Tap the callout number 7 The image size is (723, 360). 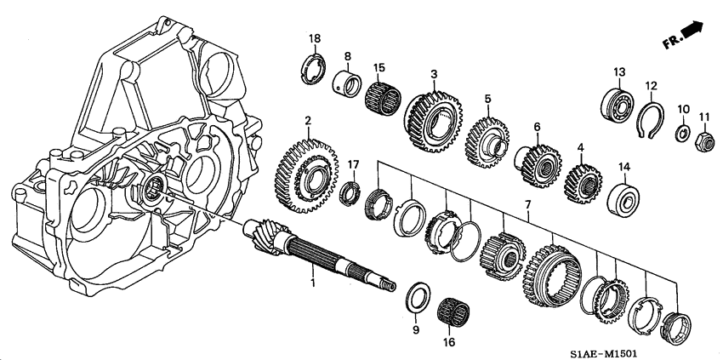tap(528, 204)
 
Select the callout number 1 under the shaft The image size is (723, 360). tap(313, 282)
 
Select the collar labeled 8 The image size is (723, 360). tap(347, 84)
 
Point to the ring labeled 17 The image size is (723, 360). tap(351, 192)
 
